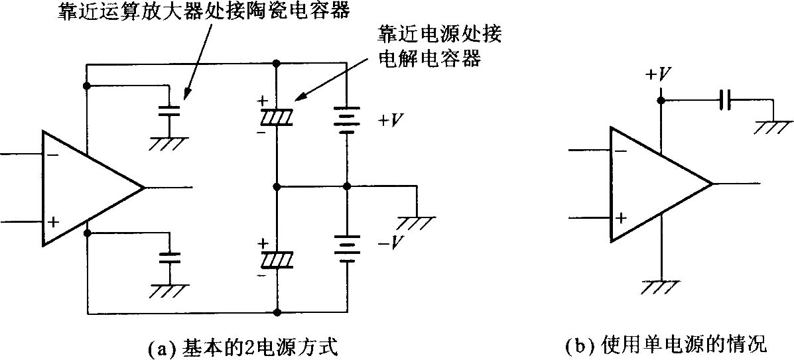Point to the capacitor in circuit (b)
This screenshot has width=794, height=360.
click(x=725, y=101)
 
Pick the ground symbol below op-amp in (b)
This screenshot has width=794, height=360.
click(x=661, y=286)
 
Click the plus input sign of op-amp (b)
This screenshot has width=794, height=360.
click(x=621, y=217)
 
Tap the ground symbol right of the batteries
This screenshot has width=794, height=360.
click(x=418, y=221)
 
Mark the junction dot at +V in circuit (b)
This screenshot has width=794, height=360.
click(x=661, y=101)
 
